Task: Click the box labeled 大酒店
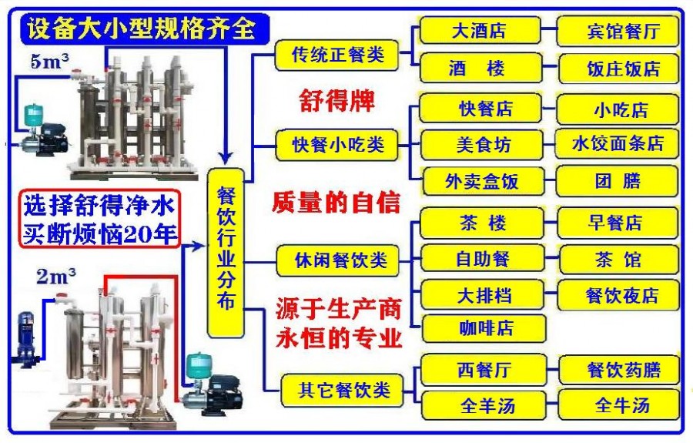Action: [478, 32]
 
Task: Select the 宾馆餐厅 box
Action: [618, 32]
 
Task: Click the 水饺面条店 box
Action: [618, 144]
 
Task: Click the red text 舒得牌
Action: [336, 100]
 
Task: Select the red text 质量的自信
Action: [336, 203]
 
